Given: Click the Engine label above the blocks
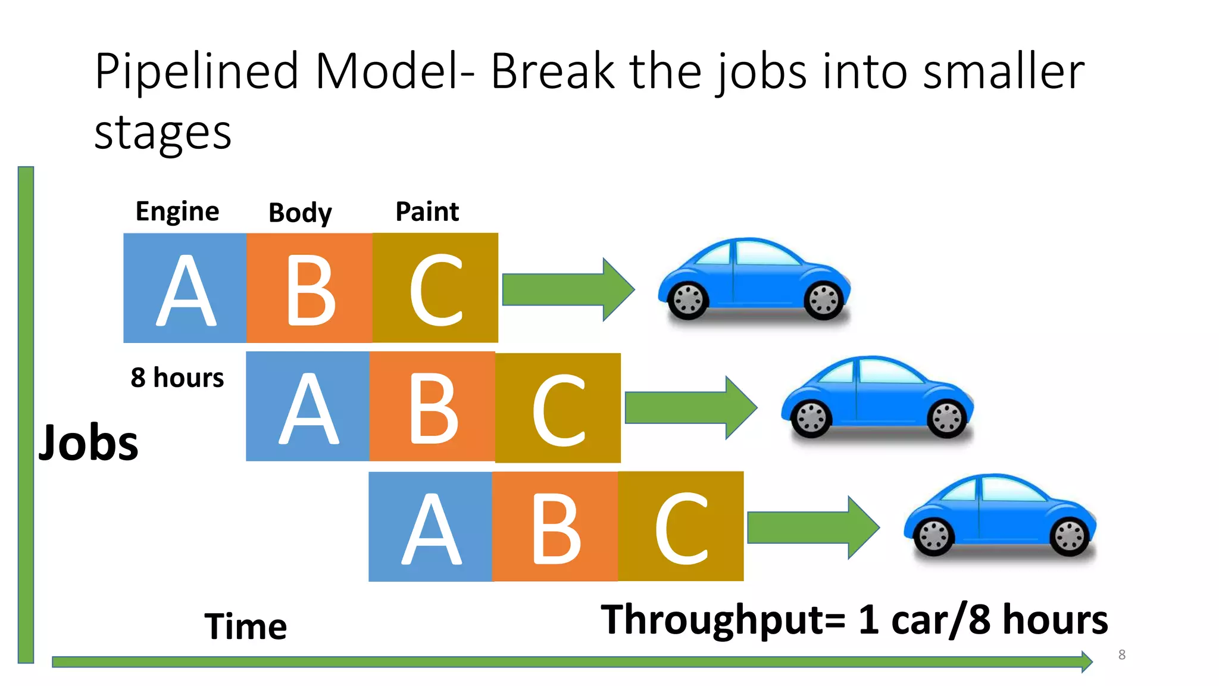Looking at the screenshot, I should pos(177,211).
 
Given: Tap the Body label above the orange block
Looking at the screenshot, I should pos(300,213).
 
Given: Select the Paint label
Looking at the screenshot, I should pos(427,211).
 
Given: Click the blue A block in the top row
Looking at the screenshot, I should pos(185,288).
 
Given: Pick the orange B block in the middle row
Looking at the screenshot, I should pos(432,407).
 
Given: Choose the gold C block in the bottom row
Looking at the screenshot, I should pos(680,526).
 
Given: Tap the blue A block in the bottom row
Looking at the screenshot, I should pos(430,526).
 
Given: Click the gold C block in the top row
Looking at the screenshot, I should pos(435,288).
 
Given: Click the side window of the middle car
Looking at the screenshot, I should pos(889,372).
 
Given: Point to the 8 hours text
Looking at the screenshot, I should pos(177,378).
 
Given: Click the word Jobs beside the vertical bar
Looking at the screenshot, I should pos(89,443).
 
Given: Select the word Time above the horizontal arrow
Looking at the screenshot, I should pos(246,626).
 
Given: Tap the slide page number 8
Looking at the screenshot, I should pos(1121,654).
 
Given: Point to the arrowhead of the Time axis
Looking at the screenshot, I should pos(1086,662).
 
